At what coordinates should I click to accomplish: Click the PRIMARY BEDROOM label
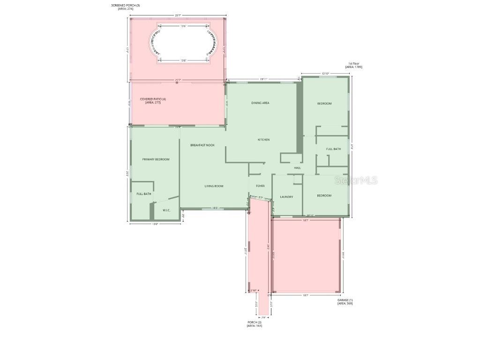tap(156, 159)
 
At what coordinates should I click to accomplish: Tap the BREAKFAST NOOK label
tap(202, 145)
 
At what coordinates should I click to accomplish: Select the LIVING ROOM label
tap(214, 186)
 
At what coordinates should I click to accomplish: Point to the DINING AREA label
tap(260, 103)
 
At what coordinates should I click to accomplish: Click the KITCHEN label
tap(263, 140)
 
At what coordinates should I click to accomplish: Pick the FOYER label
tap(260, 186)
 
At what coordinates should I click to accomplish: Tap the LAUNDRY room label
tap(286, 197)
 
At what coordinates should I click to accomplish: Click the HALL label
tap(297, 168)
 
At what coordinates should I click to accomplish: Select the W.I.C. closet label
tap(166, 210)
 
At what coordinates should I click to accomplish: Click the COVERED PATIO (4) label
tap(153, 99)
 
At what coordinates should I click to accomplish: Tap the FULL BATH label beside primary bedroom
tap(144, 194)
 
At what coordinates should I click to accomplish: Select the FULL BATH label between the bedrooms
tap(333, 149)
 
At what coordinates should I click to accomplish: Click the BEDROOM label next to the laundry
tap(324, 195)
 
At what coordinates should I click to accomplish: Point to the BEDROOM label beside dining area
tap(324, 104)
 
